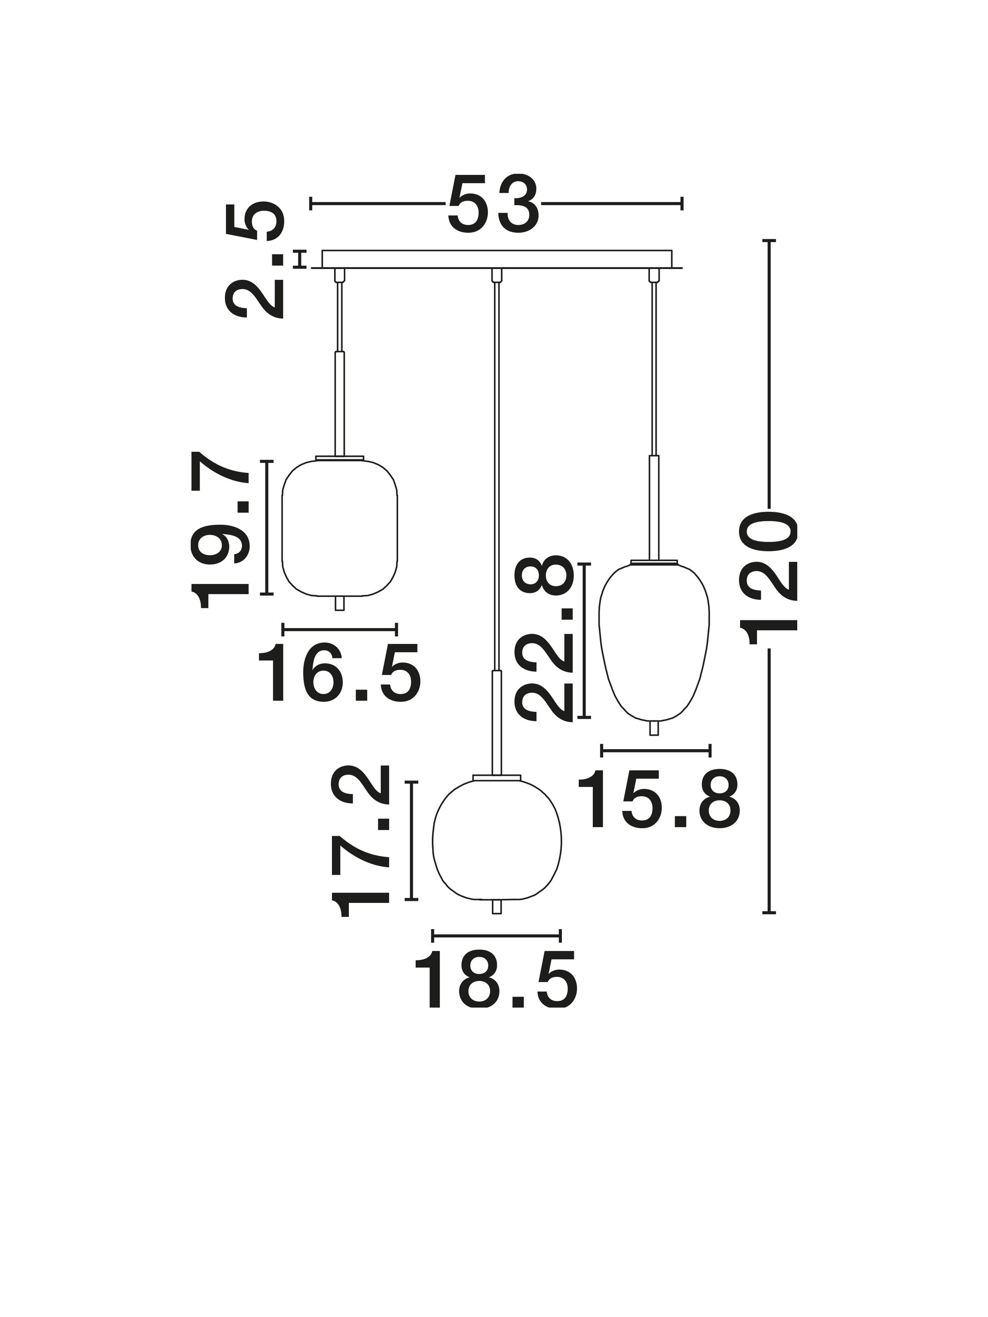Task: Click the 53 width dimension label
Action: (493, 204)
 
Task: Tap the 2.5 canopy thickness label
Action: (254, 260)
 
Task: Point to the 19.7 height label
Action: (219, 530)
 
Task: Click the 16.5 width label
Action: (340, 673)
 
